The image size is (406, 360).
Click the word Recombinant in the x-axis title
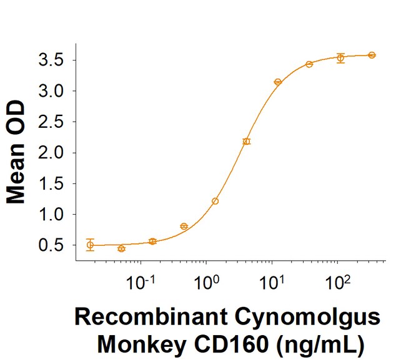point(146,319)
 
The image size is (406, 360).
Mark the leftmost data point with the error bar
point(91,245)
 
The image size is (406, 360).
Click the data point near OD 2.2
point(246,142)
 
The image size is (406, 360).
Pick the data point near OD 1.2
point(215,201)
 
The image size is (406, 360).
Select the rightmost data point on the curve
point(372,55)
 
